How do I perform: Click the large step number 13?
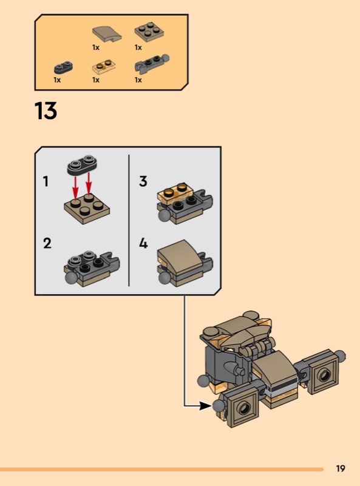46,111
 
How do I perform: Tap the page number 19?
341,468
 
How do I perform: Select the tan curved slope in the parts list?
107,34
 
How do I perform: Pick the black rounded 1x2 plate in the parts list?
63,67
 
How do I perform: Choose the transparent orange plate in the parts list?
104,66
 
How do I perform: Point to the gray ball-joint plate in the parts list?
152,64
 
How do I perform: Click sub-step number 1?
46,181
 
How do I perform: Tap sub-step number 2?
47,244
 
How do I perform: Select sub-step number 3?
143,181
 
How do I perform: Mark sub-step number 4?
143,244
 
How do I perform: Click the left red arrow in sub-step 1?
75,187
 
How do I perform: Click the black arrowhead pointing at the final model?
205,405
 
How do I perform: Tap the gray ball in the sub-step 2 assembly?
71,278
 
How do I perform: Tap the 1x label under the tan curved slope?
96,47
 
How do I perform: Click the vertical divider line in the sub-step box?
129,221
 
